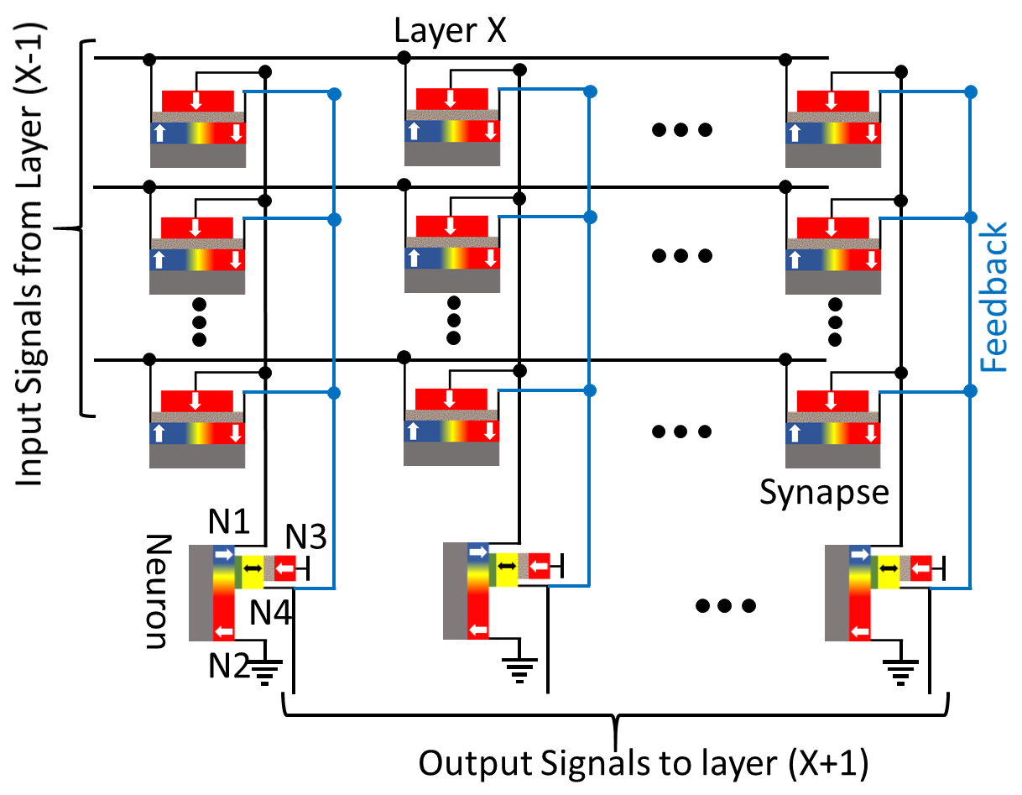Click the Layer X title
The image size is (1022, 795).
tap(450, 31)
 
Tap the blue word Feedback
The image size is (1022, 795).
tap(993, 297)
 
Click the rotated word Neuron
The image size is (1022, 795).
tap(158, 591)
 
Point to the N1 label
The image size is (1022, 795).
tap(229, 521)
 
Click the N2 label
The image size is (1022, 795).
tap(229, 666)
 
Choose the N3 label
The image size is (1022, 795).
tap(305, 536)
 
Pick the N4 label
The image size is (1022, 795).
tap(270, 613)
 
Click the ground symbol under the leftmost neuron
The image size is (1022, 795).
tap(265, 672)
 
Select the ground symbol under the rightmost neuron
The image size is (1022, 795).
tap(900, 672)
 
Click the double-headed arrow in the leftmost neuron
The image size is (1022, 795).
tap(253, 568)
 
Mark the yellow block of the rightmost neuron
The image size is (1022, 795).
tap(889, 572)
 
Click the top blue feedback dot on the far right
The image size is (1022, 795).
tap(971, 92)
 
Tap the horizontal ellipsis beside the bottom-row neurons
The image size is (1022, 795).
tap(726, 605)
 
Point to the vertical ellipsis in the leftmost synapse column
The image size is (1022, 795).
tap(200, 322)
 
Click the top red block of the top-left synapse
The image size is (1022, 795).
tap(197, 101)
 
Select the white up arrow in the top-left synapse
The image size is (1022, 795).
tap(160, 133)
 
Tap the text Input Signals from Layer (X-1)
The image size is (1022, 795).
tap(29, 254)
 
